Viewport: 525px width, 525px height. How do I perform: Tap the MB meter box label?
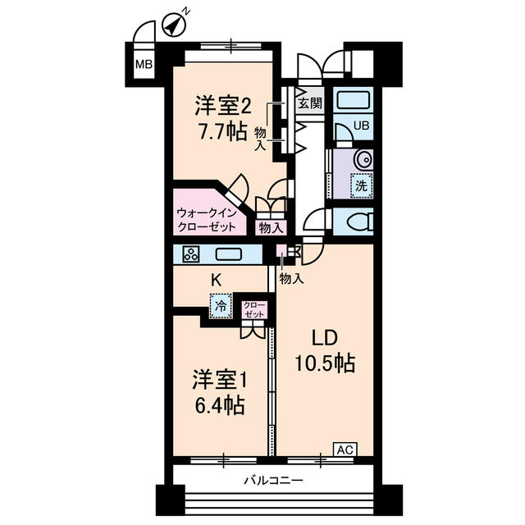[144, 65]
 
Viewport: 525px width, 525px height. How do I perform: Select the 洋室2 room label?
[221, 107]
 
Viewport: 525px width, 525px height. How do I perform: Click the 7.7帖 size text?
[221, 132]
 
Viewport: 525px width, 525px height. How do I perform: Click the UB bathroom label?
[361, 126]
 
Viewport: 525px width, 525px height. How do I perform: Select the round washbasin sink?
[362, 158]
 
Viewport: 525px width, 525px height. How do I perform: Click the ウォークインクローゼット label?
[207, 219]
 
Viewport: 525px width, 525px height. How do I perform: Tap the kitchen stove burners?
[190, 254]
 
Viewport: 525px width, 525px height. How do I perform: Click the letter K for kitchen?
[217, 280]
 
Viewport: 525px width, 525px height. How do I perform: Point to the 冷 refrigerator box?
[220, 305]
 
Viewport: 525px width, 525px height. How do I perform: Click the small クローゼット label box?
[253, 309]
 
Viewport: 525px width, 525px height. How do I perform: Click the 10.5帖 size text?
[325, 364]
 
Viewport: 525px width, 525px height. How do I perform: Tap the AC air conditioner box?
[345, 449]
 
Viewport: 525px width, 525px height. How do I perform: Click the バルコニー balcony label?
[274, 479]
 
